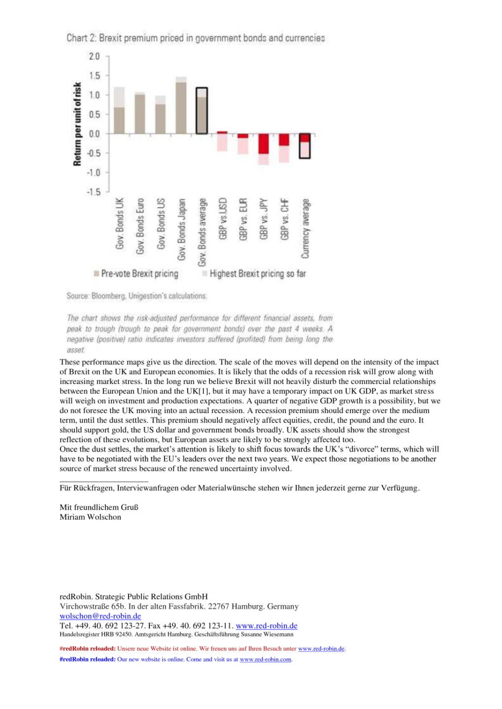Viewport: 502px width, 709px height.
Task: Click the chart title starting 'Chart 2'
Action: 196,38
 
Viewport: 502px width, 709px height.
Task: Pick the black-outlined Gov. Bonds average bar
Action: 201,111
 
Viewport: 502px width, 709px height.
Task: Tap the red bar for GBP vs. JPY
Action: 264,144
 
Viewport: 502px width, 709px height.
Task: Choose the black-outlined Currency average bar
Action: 305,146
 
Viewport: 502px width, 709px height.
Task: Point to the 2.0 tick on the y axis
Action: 94,57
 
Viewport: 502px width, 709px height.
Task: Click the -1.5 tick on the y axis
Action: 93,192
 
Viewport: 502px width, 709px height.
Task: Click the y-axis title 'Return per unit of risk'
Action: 77,124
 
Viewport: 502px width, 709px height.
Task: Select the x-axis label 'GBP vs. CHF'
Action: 284,219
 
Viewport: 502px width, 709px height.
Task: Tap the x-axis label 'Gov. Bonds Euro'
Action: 140,226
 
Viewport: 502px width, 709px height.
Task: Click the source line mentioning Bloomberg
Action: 137,296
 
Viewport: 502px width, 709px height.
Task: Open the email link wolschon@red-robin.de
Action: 100,616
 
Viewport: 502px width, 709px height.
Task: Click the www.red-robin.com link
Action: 266,659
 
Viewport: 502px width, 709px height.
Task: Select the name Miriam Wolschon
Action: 90,517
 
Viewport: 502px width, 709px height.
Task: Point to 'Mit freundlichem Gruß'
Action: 99,507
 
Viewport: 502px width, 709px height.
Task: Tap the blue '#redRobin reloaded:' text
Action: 87,659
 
